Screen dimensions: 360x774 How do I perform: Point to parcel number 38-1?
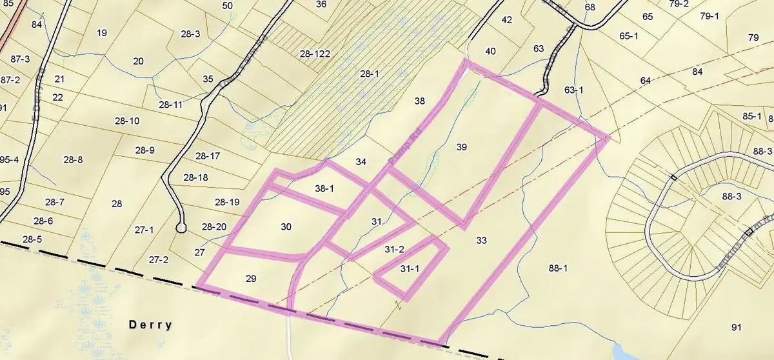click(324, 189)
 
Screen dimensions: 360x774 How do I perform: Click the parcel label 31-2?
click(394, 249)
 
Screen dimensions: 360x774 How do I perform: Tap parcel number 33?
click(481, 240)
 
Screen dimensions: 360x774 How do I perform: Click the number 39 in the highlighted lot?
click(461, 147)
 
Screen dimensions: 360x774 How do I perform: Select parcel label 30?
click(286, 226)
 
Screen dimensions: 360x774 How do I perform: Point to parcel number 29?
click(252, 278)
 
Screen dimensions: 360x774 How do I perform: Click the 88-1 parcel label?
click(557, 268)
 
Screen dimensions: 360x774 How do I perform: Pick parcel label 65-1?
click(628, 36)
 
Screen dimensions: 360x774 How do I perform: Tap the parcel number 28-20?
click(213, 226)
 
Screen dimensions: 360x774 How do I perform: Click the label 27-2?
click(158, 260)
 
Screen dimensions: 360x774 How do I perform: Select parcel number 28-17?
click(208, 156)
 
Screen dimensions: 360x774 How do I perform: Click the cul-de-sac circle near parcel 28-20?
click(181, 228)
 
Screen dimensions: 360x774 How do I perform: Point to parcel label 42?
click(506, 19)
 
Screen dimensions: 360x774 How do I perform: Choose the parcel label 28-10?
click(126, 121)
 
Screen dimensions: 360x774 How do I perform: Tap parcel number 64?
click(646, 81)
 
